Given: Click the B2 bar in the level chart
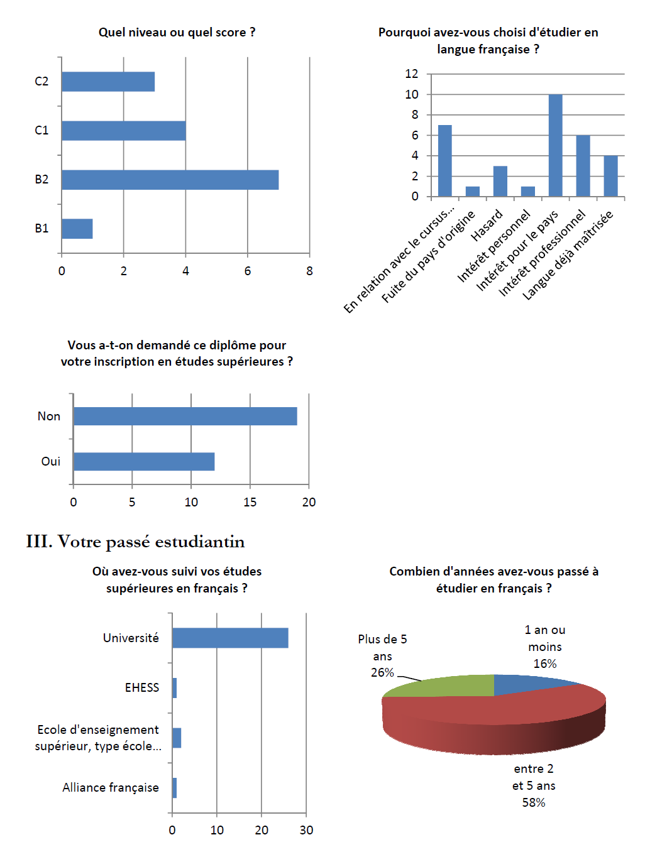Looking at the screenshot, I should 170,180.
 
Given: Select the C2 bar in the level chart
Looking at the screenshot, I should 108,82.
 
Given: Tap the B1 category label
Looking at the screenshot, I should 41,229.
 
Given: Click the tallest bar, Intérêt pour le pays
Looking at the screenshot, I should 555,146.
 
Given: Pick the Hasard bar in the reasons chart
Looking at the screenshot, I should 500,182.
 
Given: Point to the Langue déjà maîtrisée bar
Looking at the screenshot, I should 610,176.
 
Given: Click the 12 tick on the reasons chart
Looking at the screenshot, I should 412,74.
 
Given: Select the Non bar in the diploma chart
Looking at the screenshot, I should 185,416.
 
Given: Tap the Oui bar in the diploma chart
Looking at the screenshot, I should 144,462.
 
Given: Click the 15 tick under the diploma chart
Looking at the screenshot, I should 250,502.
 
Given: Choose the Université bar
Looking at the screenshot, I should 230,638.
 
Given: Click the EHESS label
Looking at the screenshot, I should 142,688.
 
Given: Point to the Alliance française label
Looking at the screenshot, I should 111,788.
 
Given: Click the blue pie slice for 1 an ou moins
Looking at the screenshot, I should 528,682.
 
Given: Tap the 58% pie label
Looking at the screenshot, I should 534,803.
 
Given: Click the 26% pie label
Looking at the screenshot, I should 382,673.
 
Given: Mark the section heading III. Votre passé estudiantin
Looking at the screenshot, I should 135,542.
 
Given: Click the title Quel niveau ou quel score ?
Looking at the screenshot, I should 177,33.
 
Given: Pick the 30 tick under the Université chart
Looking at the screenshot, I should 306,831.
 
